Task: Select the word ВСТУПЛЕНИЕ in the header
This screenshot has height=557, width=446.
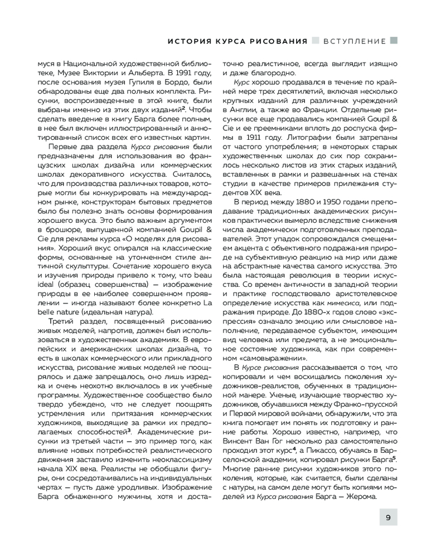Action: [355, 41]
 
